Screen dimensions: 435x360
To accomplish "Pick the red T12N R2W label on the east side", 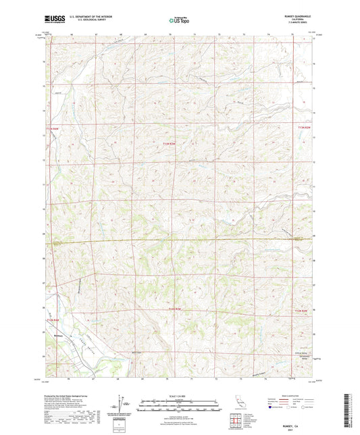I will (304, 310).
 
